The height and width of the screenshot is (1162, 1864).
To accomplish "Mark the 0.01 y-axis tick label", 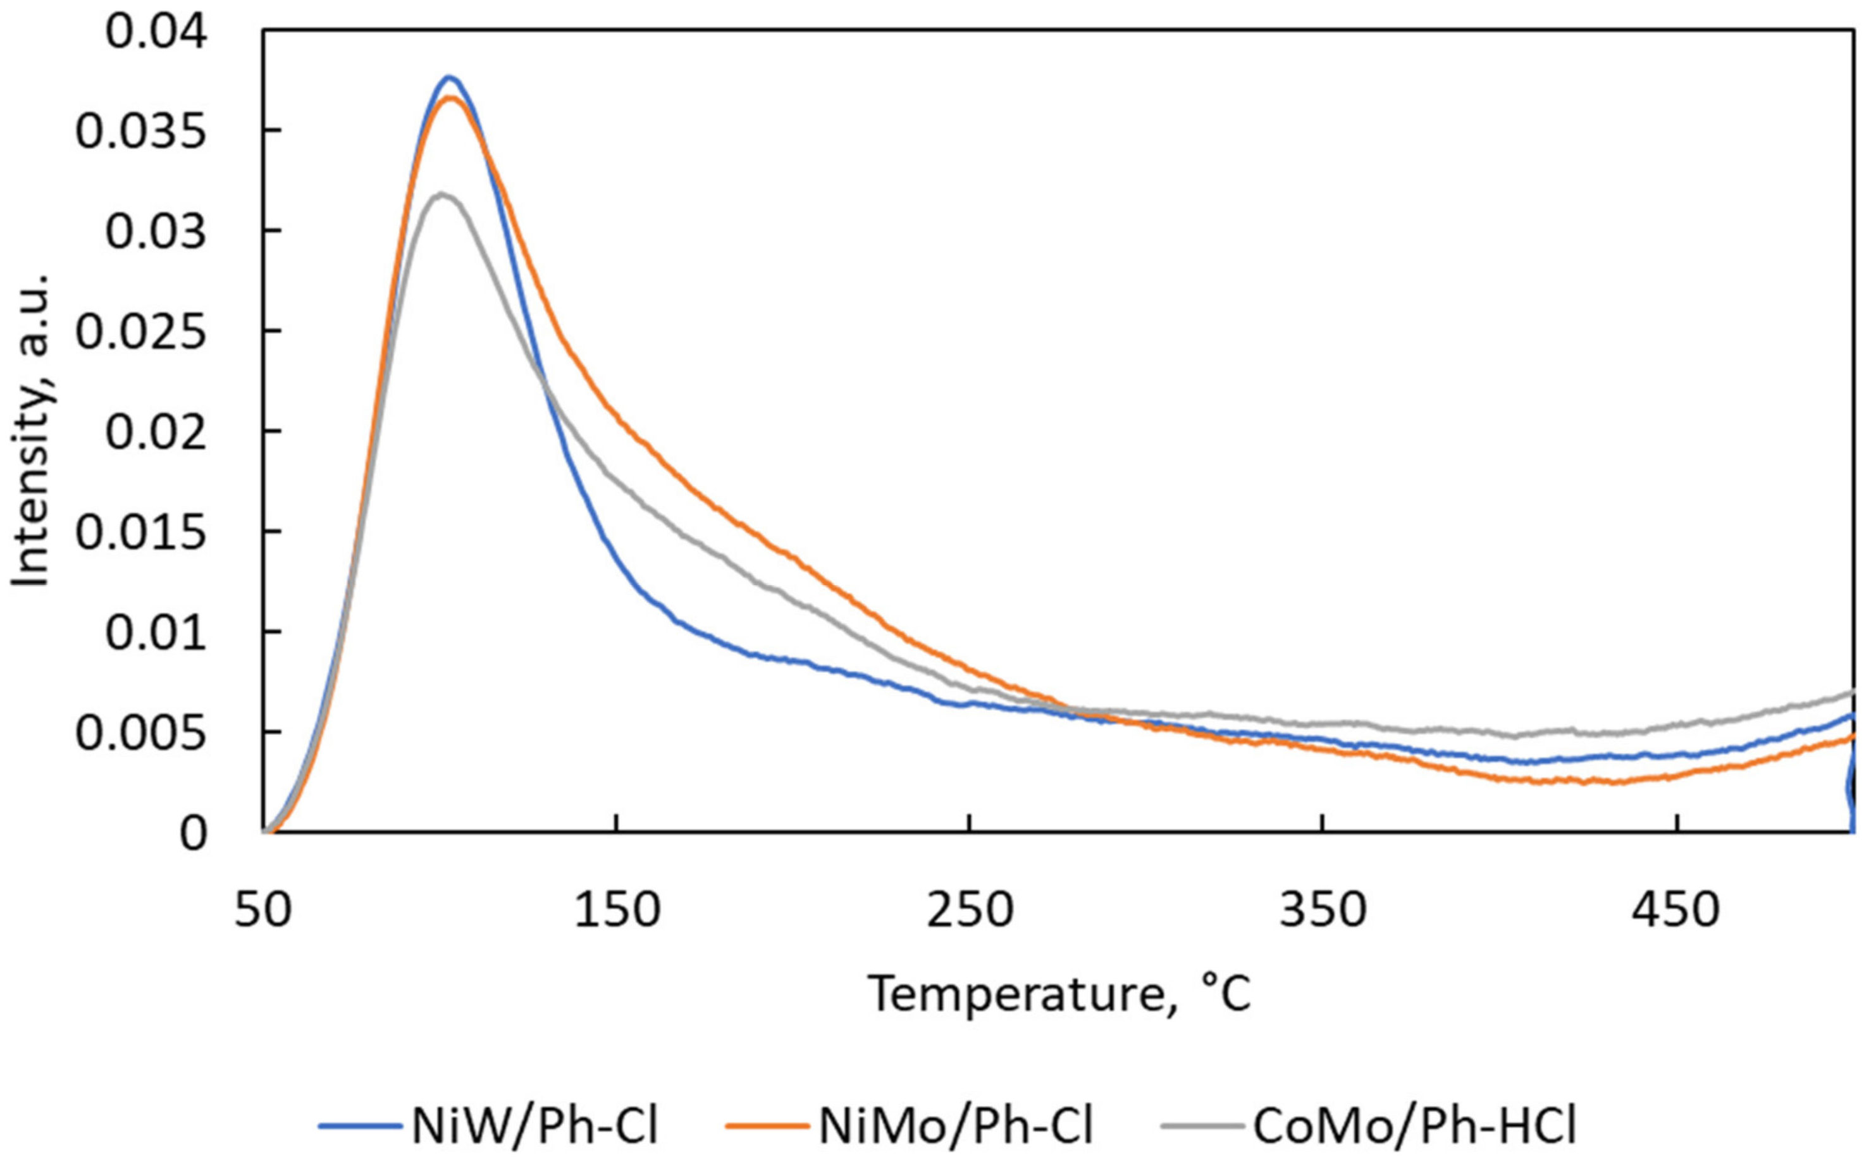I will (156, 634).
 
